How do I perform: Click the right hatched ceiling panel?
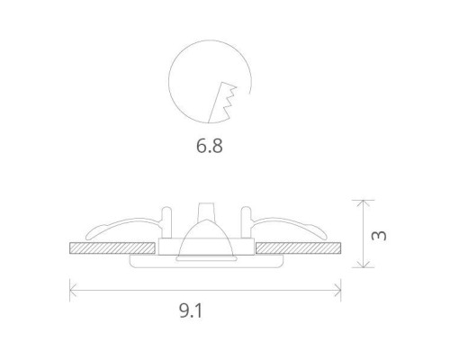(299, 246)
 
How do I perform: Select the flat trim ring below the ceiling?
(206, 262)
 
